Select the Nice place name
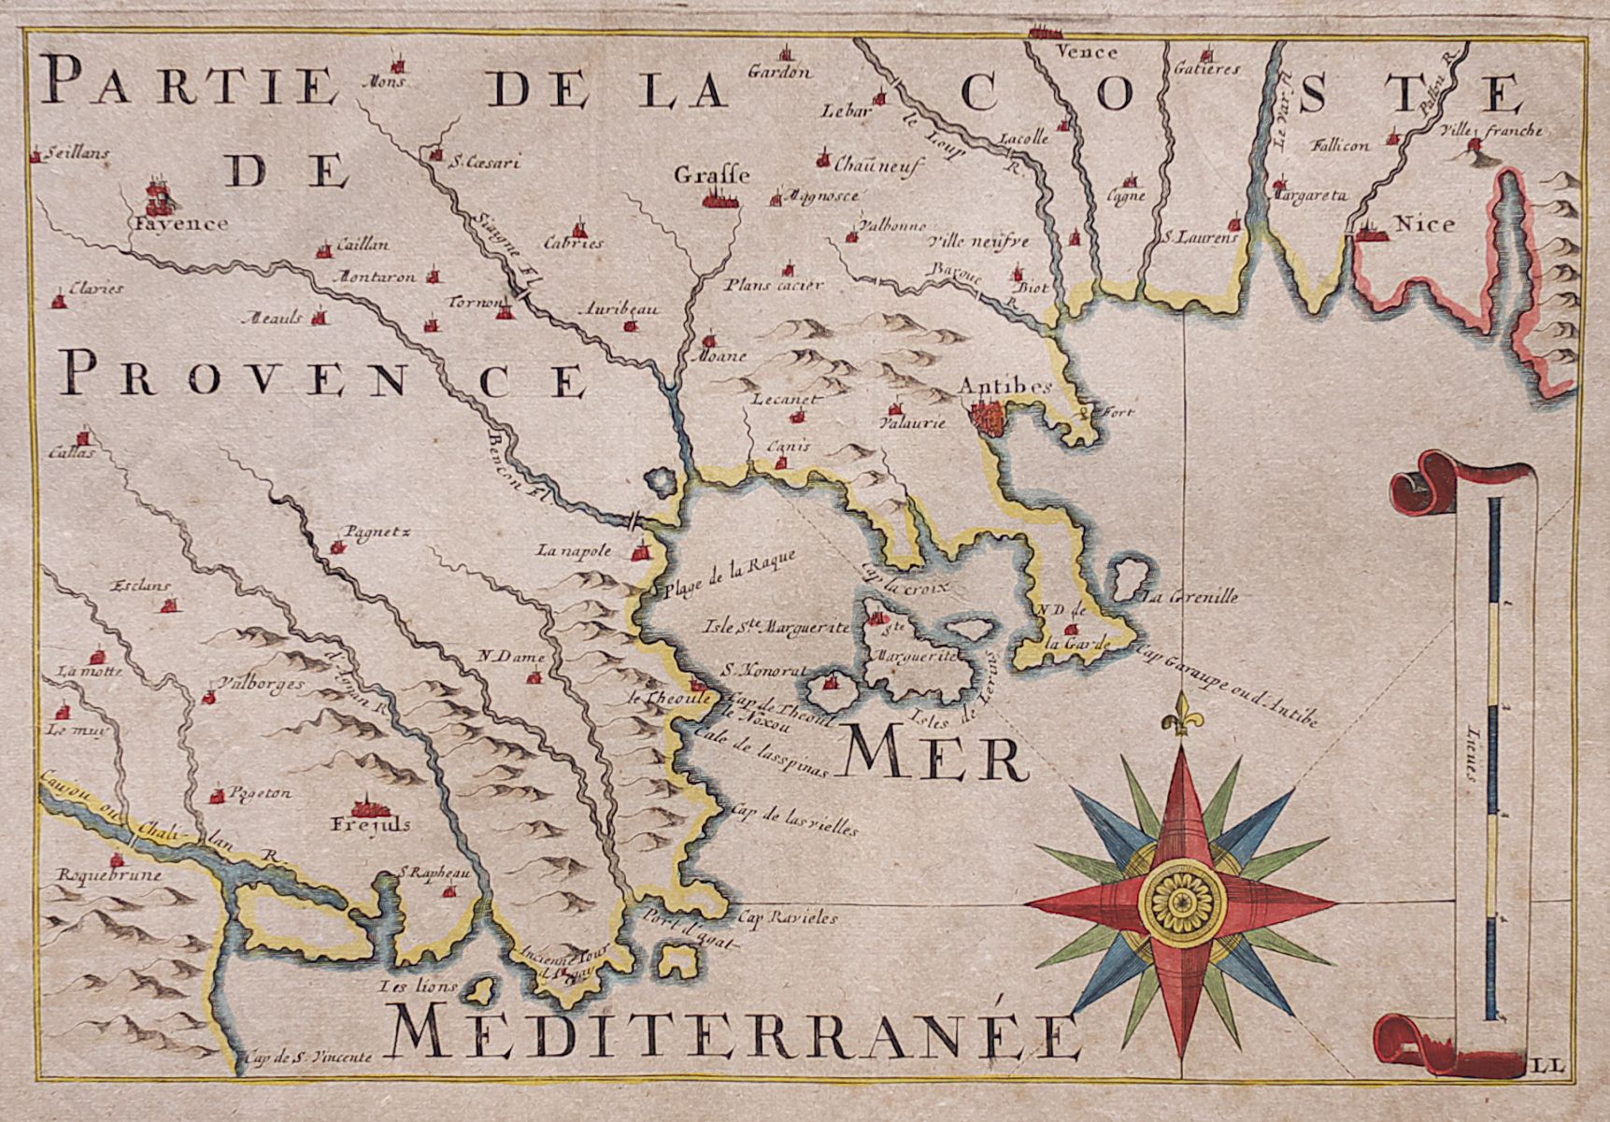1424,224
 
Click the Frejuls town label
370,825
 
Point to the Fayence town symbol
160,197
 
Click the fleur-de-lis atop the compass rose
1181,716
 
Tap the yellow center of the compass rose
1182,902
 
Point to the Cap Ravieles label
787,918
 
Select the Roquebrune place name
108,876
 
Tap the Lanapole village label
574,550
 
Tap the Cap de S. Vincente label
308,1058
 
